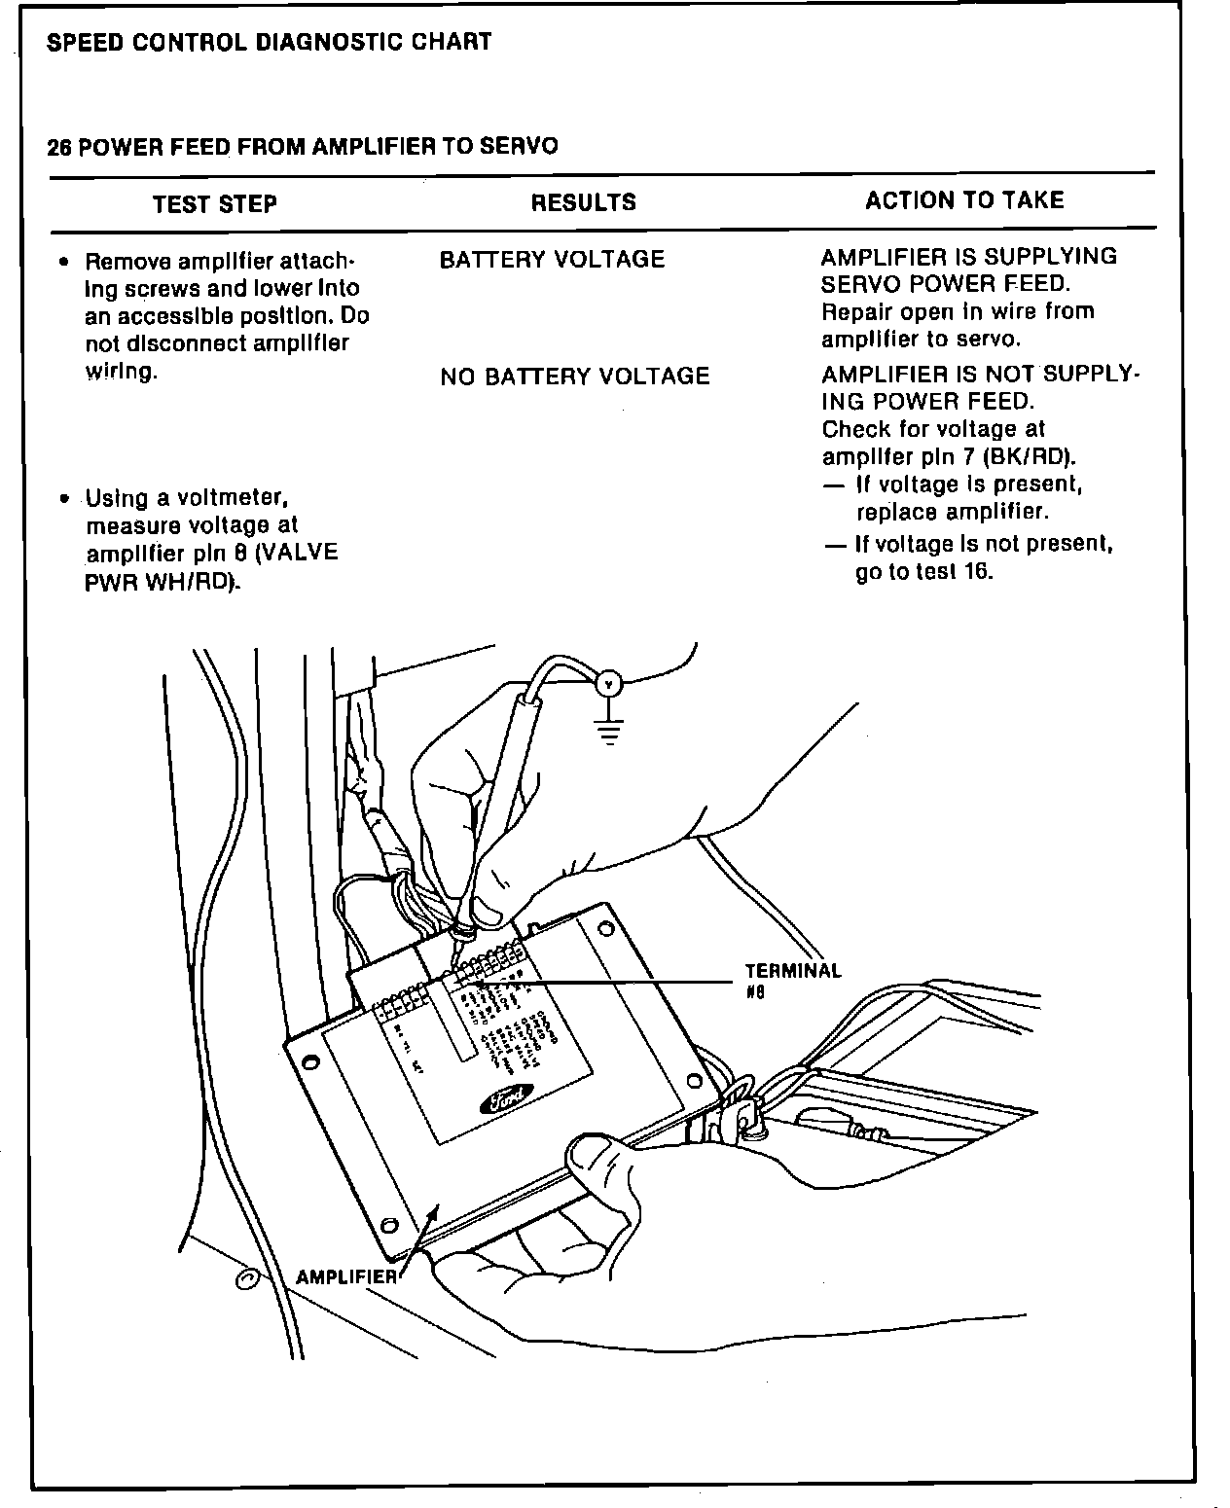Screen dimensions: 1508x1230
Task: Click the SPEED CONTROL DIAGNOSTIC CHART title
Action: tap(270, 43)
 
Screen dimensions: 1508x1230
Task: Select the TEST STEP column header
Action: tap(215, 204)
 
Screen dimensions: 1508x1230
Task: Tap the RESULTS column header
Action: tap(583, 202)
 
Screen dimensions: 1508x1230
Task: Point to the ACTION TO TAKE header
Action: tap(964, 200)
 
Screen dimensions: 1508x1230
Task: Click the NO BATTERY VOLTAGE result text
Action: tap(574, 377)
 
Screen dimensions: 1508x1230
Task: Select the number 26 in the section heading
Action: tap(58, 148)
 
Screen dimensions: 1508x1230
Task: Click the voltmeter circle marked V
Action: tap(608, 684)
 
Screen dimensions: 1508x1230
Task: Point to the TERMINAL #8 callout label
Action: tap(792, 980)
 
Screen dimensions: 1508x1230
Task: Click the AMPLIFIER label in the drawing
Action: tap(345, 1276)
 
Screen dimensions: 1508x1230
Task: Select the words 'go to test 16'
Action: tap(924, 572)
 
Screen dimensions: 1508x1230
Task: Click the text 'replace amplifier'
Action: tap(953, 513)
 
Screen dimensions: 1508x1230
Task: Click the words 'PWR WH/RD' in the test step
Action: tap(163, 582)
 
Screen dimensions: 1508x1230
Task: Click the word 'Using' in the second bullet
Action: tap(118, 499)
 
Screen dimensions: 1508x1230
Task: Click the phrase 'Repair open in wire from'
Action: tap(958, 312)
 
